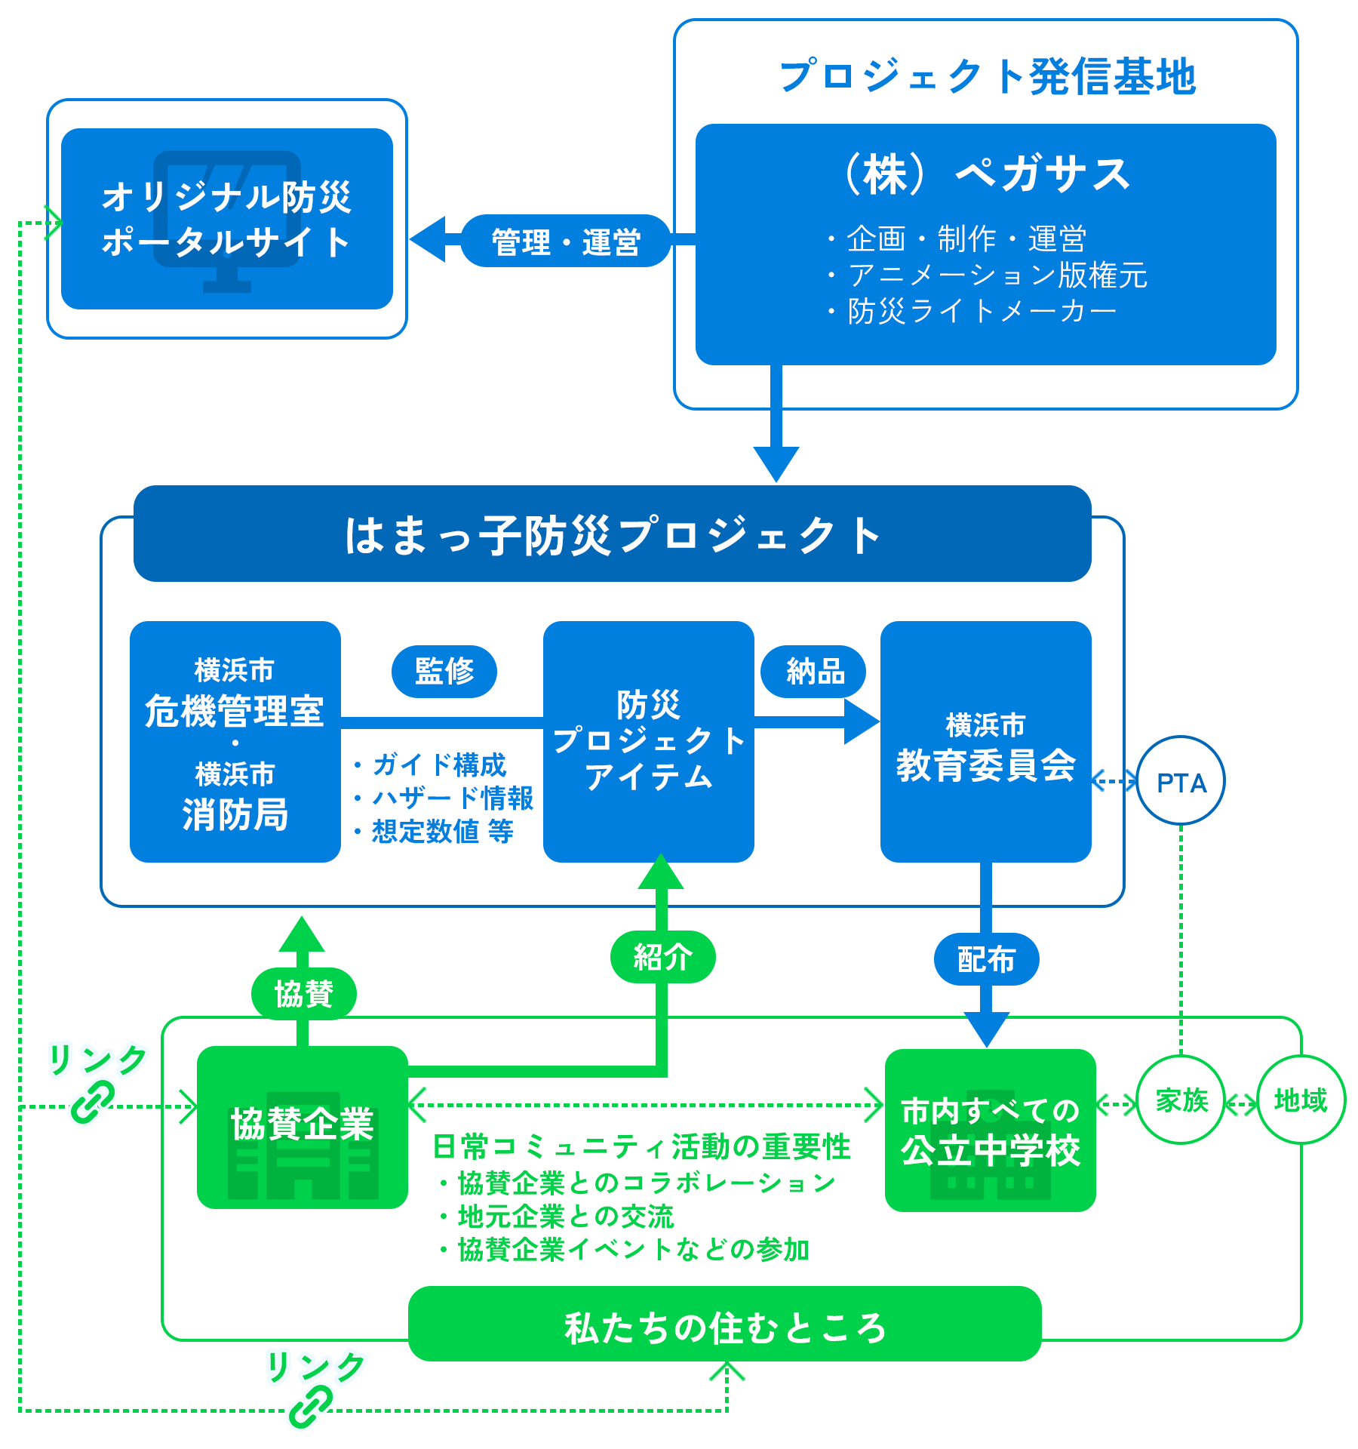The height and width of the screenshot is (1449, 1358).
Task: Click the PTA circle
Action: click(x=1181, y=781)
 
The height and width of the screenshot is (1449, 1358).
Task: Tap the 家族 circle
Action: click(x=1181, y=1100)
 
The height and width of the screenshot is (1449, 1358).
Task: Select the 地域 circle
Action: click(x=1301, y=1100)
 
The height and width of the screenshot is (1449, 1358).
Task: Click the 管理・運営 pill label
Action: click(x=566, y=241)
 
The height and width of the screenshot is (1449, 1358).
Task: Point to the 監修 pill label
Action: click(x=444, y=671)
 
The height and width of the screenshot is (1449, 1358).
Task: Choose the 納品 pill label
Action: click(x=814, y=671)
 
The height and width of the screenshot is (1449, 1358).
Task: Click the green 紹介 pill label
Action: click(x=662, y=957)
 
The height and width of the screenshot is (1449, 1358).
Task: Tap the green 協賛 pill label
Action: click(x=303, y=993)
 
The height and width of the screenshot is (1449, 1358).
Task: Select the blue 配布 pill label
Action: click(x=986, y=959)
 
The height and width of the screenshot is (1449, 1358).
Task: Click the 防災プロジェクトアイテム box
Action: click(x=649, y=741)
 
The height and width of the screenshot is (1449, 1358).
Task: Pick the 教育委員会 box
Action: click(x=985, y=741)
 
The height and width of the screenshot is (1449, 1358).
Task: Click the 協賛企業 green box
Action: click(x=302, y=1127)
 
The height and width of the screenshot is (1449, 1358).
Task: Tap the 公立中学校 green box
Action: click(x=990, y=1130)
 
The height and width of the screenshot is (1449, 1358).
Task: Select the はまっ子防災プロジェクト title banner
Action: click(x=612, y=534)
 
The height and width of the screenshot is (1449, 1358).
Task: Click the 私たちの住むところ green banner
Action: click(x=724, y=1326)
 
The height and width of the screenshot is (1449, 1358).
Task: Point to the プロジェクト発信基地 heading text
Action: click(x=987, y=76)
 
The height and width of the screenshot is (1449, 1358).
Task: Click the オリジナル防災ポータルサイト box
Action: click(x=226, y=219)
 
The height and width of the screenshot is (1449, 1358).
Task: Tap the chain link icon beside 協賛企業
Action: click(x=92, y=1102)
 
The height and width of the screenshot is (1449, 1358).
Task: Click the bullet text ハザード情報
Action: click(x=453, y=798)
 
